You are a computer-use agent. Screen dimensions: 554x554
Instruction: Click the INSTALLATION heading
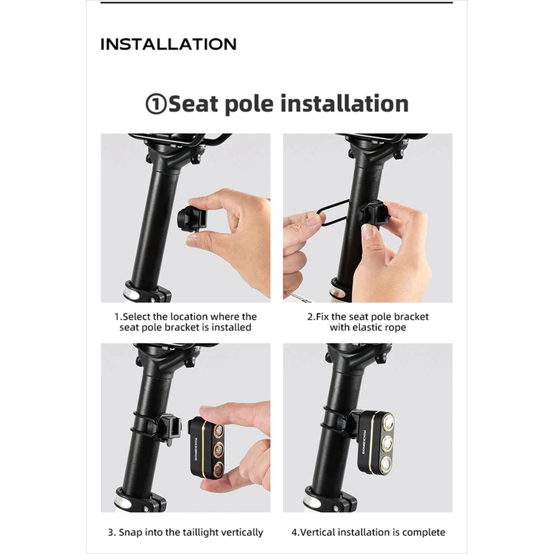168,44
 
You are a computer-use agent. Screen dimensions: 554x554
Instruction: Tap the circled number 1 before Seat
156,104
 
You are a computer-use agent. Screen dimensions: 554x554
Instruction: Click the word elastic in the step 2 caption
366,327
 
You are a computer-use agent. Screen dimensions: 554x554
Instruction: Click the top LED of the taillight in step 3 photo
219,430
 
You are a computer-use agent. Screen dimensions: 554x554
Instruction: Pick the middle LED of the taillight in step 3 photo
219,449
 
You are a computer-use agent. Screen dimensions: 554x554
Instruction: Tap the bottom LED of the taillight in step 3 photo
219,469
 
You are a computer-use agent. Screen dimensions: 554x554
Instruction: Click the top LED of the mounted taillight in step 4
388,422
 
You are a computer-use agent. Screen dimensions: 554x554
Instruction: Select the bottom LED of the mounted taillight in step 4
385,463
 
